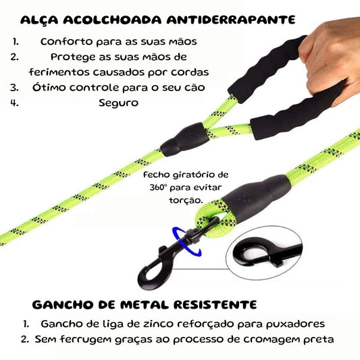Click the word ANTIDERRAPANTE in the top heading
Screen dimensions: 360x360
click(x=231, y=20)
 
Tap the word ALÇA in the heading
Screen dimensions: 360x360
click(x=39, y=20)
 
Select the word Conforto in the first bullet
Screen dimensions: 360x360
click(x=66, y=42)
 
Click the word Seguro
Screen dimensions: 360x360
click(x=118, y=103)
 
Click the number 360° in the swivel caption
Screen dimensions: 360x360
click(x=157, y=187)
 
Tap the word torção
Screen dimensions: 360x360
click(x=186, y=201)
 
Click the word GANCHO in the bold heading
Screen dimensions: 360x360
click(x=63, y=305)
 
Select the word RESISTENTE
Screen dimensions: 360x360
click(x=215, y=305)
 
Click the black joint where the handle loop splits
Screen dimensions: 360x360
click(x=185, y=139)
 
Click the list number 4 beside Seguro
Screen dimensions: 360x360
click(x=14, y=103)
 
